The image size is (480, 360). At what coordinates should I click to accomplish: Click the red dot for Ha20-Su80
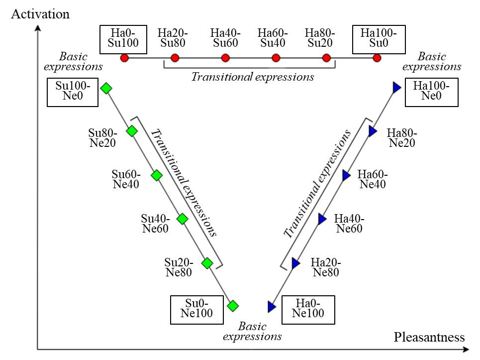click(175, 58)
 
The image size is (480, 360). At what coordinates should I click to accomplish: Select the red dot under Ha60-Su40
click(276, 58)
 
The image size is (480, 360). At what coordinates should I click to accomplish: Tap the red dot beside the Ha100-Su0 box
click(377, 58)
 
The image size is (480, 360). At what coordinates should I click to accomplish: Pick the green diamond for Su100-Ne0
click(106, 88)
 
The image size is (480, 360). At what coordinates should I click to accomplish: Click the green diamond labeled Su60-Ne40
click(157, 175)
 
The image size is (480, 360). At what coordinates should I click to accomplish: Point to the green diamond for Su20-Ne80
click(207, 263)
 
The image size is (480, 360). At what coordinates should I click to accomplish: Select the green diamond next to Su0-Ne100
click(232, 306)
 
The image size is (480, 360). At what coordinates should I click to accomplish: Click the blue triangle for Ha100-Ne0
click(396, 88)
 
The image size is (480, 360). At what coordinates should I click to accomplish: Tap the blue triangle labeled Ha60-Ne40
click(347, 175)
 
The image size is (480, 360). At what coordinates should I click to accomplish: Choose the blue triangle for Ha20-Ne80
click(296, 263)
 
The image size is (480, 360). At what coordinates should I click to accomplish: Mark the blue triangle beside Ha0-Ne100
click(271, 307)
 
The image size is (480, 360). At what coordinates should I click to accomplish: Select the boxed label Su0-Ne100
click(198, 309)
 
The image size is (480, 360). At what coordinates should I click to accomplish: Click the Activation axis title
click(40, 13)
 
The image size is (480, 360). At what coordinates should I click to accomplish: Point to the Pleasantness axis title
click(429, 337)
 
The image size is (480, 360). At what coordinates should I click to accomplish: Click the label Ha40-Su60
click(225, 38)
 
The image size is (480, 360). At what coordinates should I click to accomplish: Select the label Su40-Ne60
click(155, 224)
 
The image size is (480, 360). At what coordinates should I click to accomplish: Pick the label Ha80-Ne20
click(402, 138)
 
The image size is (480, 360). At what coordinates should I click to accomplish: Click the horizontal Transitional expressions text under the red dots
click(253, 77)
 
